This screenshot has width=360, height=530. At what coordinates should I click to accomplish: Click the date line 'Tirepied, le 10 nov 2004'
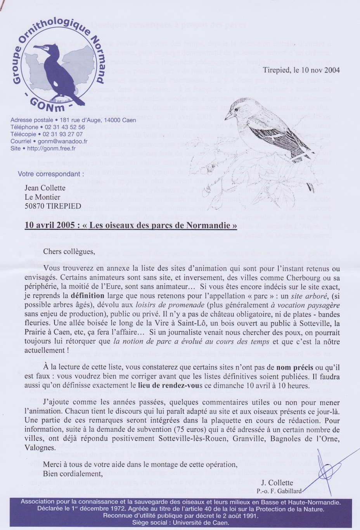click(301, 70)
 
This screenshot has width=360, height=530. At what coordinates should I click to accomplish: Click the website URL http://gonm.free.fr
click(54, 148)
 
